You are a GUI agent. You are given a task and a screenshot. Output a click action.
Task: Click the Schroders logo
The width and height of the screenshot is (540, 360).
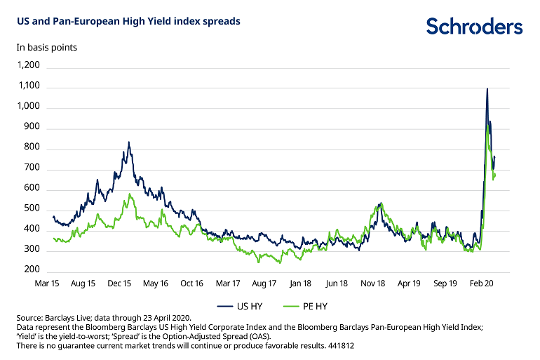point(474,27)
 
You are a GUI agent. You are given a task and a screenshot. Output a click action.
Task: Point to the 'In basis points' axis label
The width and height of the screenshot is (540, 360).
point(46,48)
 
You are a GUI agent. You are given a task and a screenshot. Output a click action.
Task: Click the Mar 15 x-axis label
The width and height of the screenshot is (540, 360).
point(47,284)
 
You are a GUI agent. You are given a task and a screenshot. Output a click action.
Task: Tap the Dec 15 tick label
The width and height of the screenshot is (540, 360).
point(119,284)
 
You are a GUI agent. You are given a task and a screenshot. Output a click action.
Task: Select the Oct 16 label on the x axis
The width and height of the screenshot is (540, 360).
point(191,284)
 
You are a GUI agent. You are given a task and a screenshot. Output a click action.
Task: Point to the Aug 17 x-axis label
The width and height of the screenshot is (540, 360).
point(264,284)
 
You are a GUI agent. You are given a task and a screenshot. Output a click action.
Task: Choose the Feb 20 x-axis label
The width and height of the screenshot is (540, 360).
point(481,284)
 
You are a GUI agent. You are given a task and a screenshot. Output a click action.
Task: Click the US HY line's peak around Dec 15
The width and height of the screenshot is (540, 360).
point(128,142)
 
